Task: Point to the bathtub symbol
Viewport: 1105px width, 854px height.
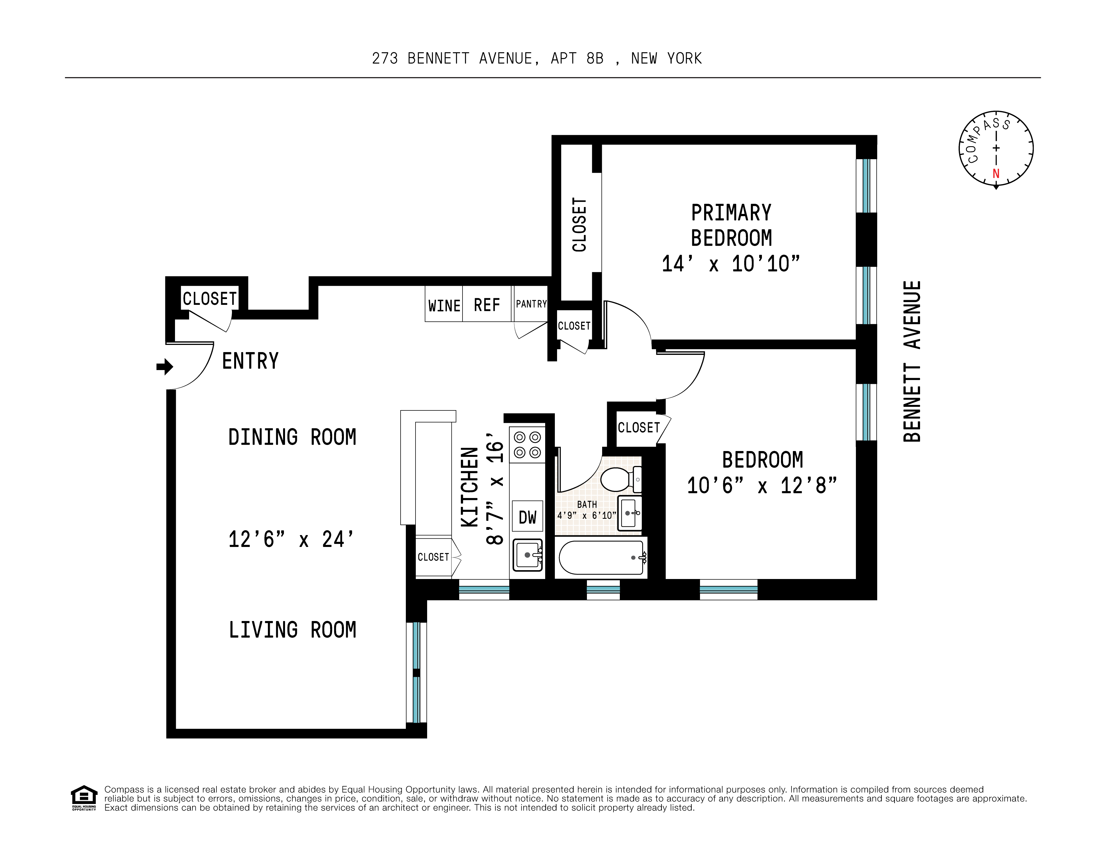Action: [x=601, y=557]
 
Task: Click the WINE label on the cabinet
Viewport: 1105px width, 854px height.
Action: [x=444, y=306]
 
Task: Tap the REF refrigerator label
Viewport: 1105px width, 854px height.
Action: [x=487, y=305]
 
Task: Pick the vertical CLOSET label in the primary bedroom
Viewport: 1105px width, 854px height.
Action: [x=579, y=225]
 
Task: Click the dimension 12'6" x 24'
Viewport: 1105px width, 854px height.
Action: [x=291, y=539]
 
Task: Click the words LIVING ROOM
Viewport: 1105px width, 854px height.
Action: [x=292, y=630]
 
